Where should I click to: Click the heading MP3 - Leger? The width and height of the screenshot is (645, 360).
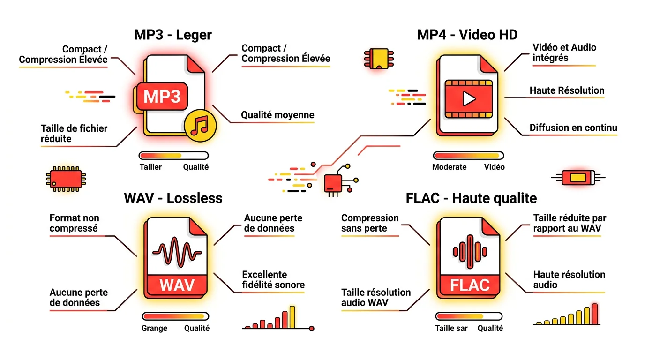click(173, 35)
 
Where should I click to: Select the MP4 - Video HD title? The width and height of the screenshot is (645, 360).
click(467, 35)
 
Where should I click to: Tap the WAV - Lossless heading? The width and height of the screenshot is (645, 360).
click(173, 198)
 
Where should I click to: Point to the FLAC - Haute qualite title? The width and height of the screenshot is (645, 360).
click(471, 198)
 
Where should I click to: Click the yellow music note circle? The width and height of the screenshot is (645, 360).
click(200, 124)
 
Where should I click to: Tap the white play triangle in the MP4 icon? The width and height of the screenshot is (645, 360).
click(468, 98)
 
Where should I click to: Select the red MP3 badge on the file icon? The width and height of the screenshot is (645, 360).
click(162, 97)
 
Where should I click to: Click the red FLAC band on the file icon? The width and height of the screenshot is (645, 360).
click(470, 285)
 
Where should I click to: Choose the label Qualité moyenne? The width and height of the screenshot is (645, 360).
click(277, 115)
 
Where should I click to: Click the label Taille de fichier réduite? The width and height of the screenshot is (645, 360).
click(74, 134)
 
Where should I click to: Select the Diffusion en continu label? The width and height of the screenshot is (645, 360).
click(573, 128)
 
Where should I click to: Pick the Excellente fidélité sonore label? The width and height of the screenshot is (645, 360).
click(273, 280)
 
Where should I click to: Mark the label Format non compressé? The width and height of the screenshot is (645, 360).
click(74, 223)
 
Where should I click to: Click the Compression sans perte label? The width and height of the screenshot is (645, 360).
click(370, 223)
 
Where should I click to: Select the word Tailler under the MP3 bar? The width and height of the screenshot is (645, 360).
click(150, 167)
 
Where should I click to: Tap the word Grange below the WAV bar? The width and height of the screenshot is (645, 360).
click(154, 328)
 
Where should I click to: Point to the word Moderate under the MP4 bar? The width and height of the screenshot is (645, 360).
click(449, 167)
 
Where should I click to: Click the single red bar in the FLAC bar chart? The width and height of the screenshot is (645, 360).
click(595, 314)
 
